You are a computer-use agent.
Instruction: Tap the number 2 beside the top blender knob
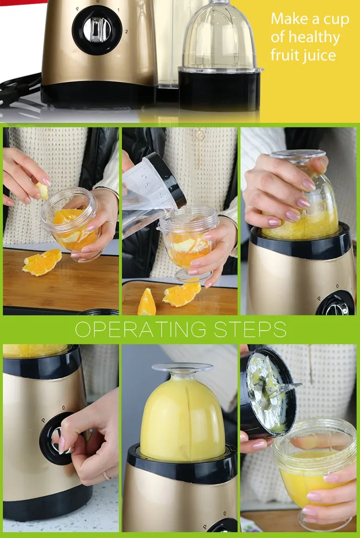(126, 31)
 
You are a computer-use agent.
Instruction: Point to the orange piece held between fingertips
(42, 191)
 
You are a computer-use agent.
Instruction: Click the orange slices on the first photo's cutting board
(42, 263)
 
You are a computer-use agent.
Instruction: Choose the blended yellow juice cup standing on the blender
(182, 413)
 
